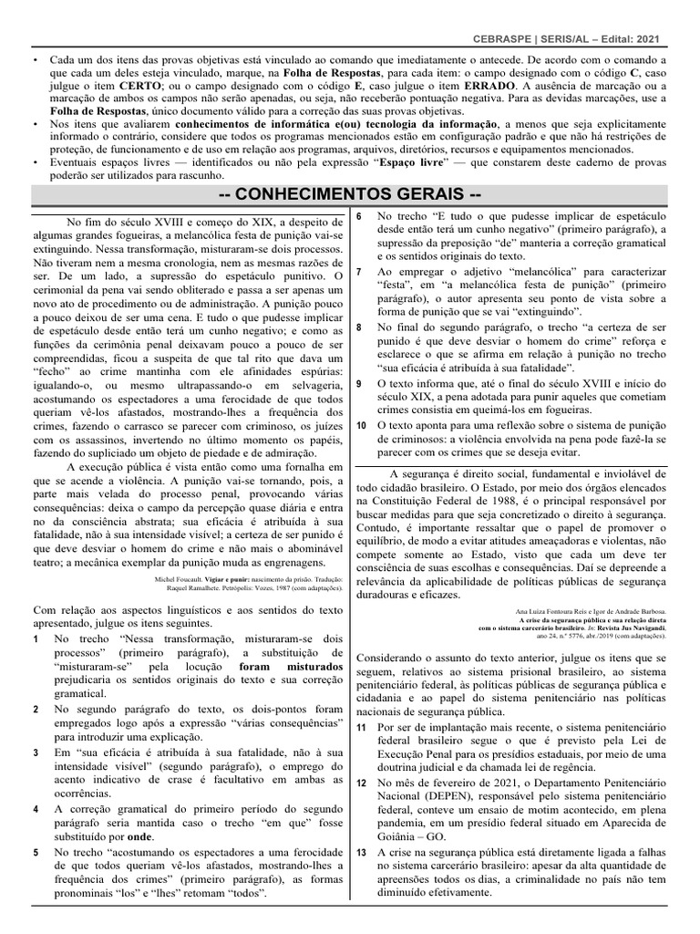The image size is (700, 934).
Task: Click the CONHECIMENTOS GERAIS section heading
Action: pyautogui.click(x=350, y=195)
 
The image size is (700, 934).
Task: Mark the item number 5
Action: pyautogui.click(x=36, y=852)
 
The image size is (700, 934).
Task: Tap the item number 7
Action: pyautogui.click(x=359, y=272)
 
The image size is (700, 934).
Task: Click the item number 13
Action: pyautogui.click(x=361, y=851)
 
